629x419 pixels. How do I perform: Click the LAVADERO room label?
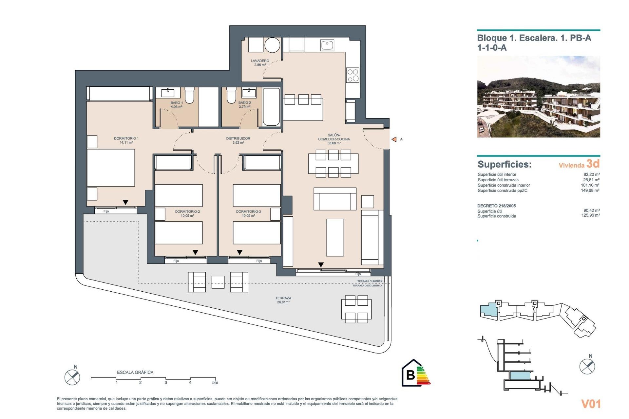coord(260,63)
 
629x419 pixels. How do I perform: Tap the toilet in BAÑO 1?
coord(190,95)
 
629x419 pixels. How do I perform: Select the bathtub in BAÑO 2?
coord(271,106)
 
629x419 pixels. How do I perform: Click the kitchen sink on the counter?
coord(327,45)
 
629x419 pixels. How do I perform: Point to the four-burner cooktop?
coord(353,75)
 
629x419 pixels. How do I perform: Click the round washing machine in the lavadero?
coord(272,45)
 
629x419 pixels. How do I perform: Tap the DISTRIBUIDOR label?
coord(238,140)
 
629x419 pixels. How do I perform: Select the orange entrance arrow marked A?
coord(394,139)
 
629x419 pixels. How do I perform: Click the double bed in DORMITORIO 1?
coord(111,168)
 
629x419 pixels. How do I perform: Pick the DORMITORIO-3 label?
coord(248,213)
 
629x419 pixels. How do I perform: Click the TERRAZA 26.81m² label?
coord(283,300)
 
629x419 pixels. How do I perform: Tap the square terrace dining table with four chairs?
coord(356,309)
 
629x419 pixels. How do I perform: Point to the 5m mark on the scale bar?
coord(215,382)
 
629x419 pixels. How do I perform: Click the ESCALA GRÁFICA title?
coord(135,372)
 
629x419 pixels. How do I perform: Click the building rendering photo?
coord(538,97)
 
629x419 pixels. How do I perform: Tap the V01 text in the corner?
coord(591,404)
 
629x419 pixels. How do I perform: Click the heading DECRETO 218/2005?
coord(496,206)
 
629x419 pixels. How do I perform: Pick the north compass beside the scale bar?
coord(72,377)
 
